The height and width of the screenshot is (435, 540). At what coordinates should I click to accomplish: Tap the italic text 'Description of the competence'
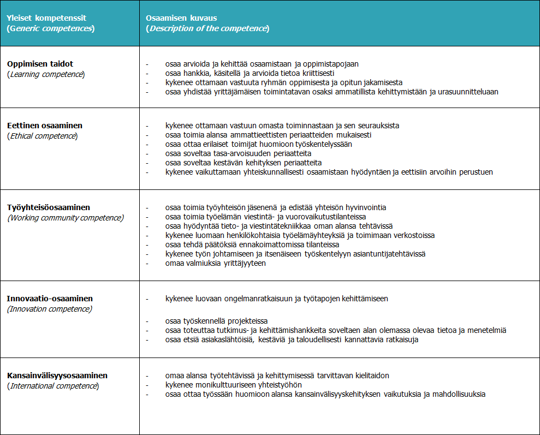click(207, 28)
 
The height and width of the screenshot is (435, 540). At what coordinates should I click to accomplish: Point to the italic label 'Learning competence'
click(46, 74)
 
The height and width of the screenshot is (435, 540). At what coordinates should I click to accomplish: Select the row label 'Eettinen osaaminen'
click(45, 126)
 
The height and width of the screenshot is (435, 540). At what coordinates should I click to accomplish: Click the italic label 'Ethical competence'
click(43, 135)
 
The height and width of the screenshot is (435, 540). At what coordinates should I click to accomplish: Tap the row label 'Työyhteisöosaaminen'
click(49, 207)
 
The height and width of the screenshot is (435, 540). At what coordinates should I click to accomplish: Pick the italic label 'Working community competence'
click(65, 218)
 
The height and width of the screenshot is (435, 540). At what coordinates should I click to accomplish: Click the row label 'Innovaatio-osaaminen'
click(50, 299)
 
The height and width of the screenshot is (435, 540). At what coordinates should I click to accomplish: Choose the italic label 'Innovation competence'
click(50, 309)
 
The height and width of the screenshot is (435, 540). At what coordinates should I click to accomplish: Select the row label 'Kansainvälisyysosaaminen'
click(57, 376)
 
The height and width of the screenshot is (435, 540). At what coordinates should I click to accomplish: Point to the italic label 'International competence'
click(53, 386)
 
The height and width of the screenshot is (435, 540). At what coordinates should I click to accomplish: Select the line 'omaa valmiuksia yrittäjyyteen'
click(216, 263)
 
